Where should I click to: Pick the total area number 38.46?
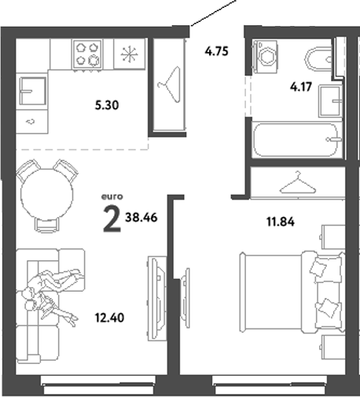pos(141,219)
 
